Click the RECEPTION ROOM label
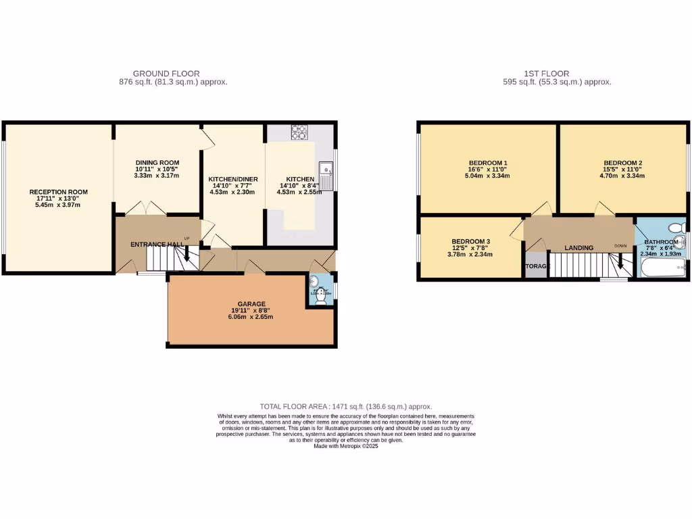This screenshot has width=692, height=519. (59, 192)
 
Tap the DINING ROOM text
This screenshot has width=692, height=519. (157, 163)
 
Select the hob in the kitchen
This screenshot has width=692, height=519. (299, 131)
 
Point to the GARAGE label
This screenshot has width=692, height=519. (251, 304)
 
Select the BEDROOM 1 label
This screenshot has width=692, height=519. (488, 163)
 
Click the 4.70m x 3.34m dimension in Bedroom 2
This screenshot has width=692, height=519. (622, 176)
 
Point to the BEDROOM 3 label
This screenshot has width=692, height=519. (471, 242)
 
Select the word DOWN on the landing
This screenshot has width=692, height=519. (620, 245)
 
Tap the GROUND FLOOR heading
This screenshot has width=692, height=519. (166, 74)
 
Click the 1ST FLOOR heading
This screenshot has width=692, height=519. (546, 74)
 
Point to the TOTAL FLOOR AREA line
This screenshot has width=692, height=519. (345, 406)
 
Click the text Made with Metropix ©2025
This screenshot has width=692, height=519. (345, 446)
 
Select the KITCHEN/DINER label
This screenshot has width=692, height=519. (233, 179)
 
